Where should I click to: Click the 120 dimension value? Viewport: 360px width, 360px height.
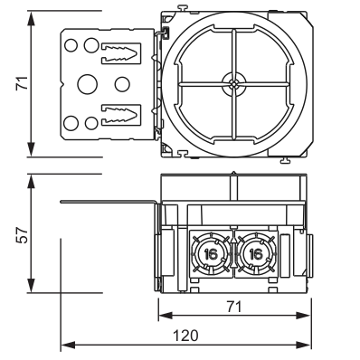coord(185,336)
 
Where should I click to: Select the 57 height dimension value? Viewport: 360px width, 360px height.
coord(23,235)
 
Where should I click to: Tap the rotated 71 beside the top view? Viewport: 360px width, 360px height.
coord(23,83)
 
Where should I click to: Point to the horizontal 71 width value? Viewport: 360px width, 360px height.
coord(234,307)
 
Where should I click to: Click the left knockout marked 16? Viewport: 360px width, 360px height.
coord(211,254)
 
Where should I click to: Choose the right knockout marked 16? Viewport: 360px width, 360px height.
coord(256,254)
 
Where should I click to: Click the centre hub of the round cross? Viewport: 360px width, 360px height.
coord(234,83)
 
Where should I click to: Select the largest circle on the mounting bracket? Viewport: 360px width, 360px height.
coord(88,84)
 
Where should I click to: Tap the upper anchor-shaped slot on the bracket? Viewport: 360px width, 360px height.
coord(121,53)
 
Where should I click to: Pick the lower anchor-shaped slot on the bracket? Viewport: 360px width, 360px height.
coord(121,115)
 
